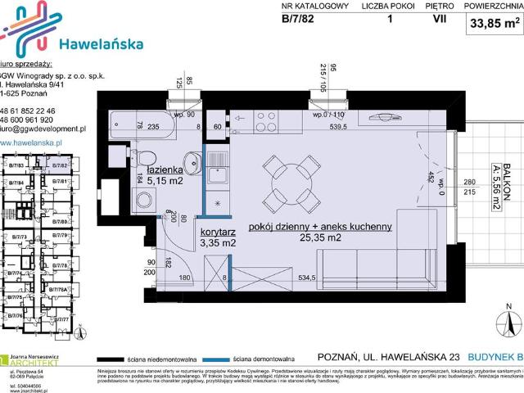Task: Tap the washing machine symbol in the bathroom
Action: (144, 199)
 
